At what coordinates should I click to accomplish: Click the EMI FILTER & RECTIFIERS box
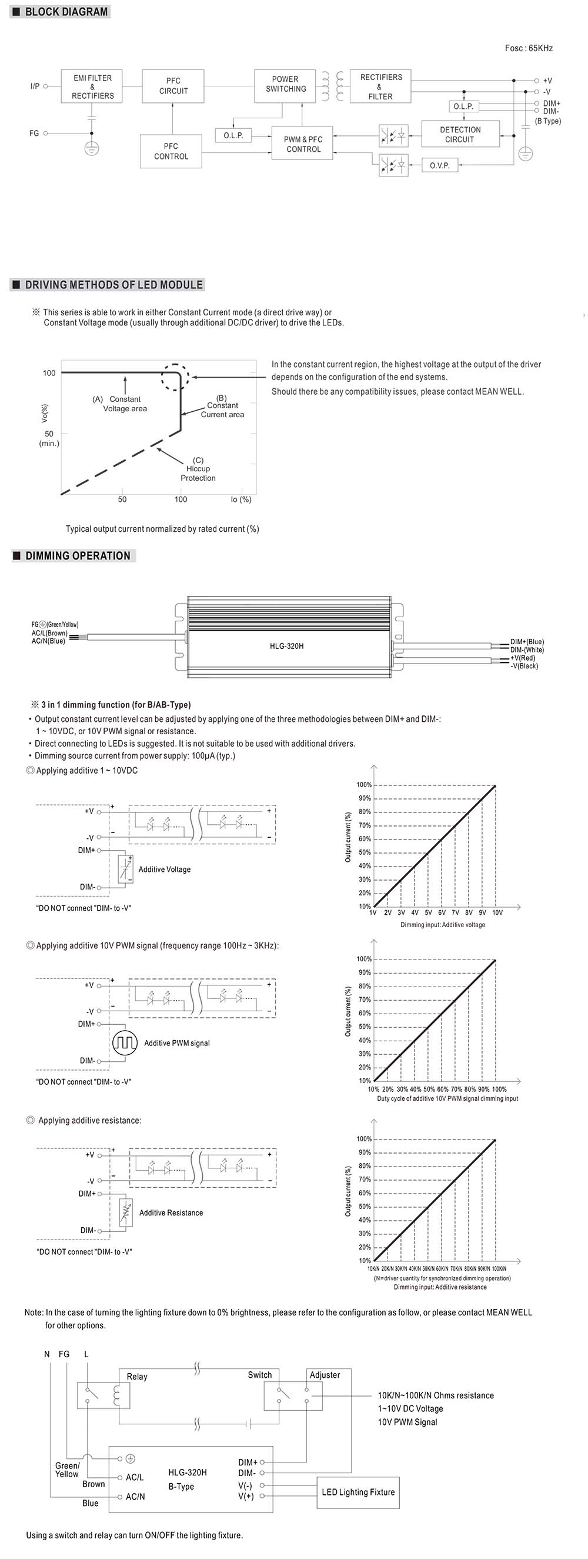92,86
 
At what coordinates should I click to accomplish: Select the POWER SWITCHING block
286,84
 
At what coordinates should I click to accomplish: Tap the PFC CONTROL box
171,151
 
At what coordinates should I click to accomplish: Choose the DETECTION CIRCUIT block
460,134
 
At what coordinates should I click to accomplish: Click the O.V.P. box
440,165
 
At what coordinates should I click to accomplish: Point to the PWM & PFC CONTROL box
303,144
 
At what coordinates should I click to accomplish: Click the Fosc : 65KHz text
528,48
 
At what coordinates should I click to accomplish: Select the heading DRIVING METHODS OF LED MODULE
113,285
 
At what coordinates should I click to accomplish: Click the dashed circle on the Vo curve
175,378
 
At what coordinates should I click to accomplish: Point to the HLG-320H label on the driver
287,646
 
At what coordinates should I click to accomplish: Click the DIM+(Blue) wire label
527,641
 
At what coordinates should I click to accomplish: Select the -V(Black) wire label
524,666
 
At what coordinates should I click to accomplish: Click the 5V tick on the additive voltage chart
428,912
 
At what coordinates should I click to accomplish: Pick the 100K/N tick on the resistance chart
499,1268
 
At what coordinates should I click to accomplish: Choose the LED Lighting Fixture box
358,1492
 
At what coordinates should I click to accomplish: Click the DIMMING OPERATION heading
78,555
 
